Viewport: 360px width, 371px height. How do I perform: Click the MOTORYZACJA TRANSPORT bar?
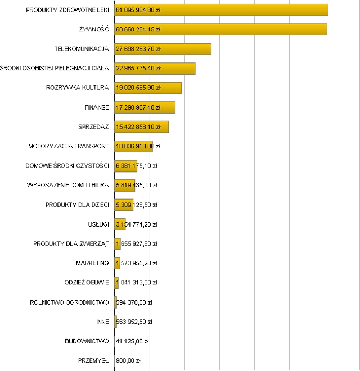click(x=133, y=146)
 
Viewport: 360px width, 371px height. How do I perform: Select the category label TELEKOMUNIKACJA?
click(x=81, y=49)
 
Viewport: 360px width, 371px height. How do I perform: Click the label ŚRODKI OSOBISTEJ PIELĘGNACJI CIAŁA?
click(x=55, y=68)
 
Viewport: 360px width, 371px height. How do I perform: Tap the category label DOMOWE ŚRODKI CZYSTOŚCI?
click(x=67, y=166)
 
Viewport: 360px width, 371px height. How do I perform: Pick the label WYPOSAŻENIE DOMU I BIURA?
click(x=67, y=185)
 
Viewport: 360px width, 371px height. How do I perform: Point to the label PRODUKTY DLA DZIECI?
click(x=77, y=205)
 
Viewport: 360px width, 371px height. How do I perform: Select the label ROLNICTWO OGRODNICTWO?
click(x=69, y=302)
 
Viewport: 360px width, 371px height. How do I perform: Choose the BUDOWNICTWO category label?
click(x=87, y=341)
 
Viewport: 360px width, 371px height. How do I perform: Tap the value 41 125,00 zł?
click(x=132, y=341)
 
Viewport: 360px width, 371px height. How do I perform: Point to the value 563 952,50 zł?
click(x=134, y=322)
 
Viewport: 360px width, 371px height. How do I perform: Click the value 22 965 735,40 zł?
click(x=138, y=68)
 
